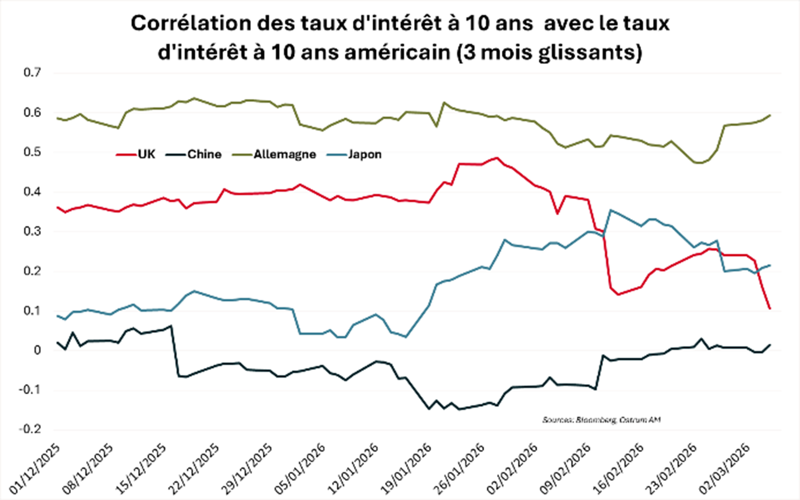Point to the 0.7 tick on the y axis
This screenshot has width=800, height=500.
point(32,72)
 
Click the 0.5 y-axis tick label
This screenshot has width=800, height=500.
point(32,152)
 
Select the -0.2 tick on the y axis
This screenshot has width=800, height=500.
point(30,429)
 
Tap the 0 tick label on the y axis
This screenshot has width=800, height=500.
point(37,350)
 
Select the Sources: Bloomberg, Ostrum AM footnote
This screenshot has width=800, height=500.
point(601,420)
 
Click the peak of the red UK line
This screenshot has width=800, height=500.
point(496,158)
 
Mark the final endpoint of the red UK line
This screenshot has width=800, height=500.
point(769,309)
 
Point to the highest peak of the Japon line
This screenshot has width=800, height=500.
point(611,210)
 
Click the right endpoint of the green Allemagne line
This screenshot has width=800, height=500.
point(770,115)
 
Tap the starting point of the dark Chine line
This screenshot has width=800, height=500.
point(57,342)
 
